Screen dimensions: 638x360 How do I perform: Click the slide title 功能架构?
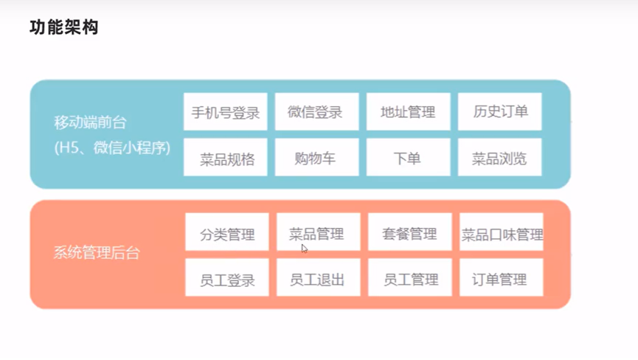point(63,28)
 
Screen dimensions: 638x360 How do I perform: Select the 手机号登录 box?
point(225,112)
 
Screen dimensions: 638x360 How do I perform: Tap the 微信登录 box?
point(316,112)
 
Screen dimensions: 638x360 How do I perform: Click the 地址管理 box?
point(408,112)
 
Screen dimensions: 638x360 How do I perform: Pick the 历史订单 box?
point(499,112)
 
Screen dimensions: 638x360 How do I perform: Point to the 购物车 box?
point(316,158)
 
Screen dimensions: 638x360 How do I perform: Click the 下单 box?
point(408,158)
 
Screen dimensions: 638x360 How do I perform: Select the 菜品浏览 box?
point(499,158)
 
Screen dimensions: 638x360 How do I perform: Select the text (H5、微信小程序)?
point(112,148)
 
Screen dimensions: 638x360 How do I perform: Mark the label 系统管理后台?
point(97,253)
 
